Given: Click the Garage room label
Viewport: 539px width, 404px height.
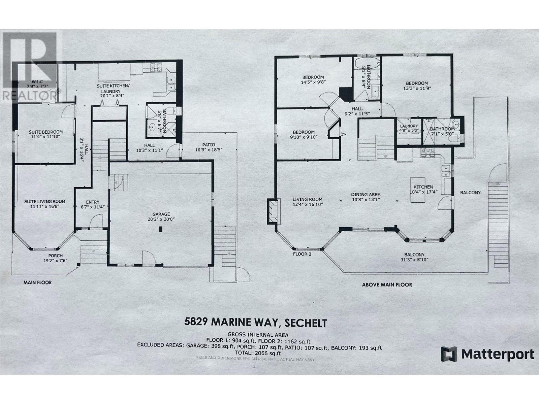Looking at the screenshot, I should point(161,214).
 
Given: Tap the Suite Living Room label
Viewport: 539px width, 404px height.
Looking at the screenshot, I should point(45,201).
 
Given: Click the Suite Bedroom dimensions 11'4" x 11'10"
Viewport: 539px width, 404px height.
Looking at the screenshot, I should point(45,137).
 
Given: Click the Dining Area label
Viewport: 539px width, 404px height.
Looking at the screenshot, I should point(366,194).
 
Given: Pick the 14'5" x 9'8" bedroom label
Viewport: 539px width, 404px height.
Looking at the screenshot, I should point(313,77).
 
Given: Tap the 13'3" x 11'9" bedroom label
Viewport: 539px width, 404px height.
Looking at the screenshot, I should point(417,83).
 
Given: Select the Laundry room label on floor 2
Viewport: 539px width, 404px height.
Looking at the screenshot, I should point(408,126).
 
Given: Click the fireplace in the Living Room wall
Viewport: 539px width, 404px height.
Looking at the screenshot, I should point(273,211).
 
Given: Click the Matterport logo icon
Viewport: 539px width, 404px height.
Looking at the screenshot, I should point(449,355).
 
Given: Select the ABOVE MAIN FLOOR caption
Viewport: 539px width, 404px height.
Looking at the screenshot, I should point(387,284).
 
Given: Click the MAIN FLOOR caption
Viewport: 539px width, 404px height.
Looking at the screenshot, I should point(37,282).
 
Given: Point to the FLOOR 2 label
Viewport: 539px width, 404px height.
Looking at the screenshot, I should point(302,254).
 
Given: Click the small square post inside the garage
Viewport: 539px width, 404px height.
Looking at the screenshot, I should point(161,229).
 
